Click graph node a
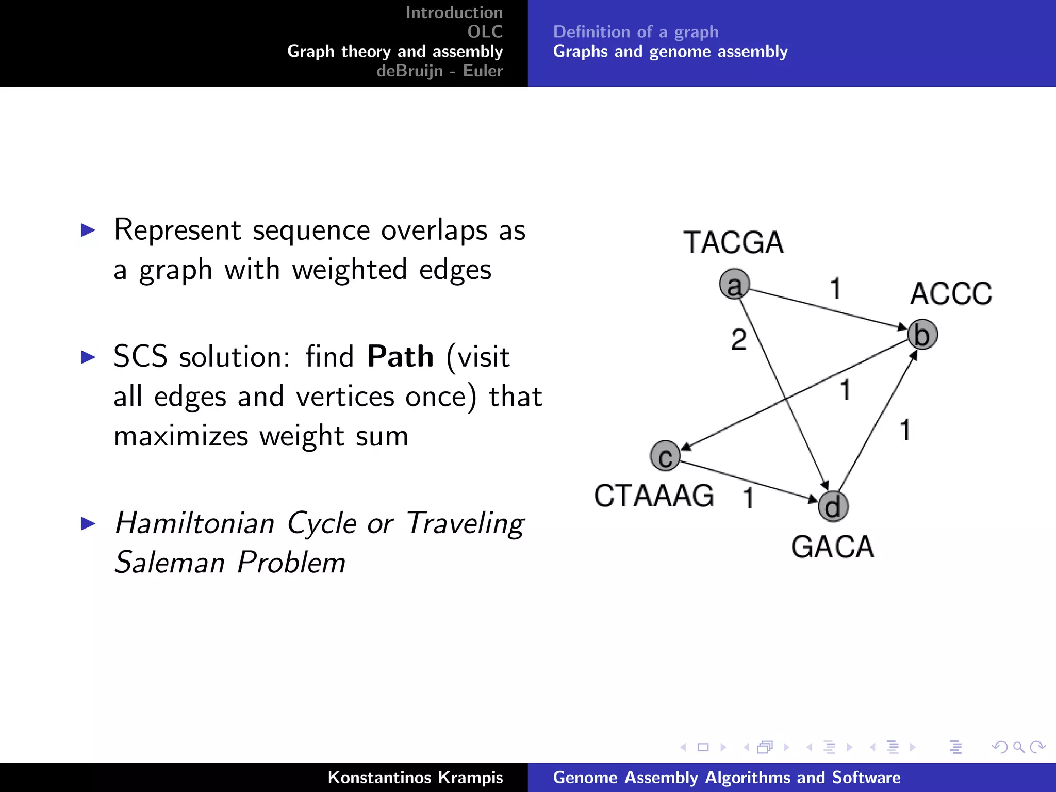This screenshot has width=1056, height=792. tap(734, 284)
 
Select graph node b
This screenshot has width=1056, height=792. tap(922, 334)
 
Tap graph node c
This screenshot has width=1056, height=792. tap(665, 456)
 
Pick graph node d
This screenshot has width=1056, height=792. tap(833, 506)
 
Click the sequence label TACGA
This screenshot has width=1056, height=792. tap(733, 242)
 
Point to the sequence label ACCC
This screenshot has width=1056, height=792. tap(950, 294)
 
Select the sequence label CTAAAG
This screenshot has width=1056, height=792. tap(654, 496)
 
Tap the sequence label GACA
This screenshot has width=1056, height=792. tap(833, 547)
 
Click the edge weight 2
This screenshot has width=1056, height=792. tap(739, 340)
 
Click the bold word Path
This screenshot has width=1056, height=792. tap(400, 356)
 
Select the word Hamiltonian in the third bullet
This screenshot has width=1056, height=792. tap(195, 523)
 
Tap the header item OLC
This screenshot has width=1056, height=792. tap(485, 31)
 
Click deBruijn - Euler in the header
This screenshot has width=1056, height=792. tap(439, 71)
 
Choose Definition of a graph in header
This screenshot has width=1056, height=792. tap(635, 32)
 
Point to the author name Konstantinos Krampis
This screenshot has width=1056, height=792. tap(415, 777)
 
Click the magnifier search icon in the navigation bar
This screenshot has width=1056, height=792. tap(1018, 747)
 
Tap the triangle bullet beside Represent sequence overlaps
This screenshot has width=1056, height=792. tap(88, 230)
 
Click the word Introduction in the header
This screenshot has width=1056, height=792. tap(454, 12)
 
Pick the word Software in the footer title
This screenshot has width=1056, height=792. tap(866, 777)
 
